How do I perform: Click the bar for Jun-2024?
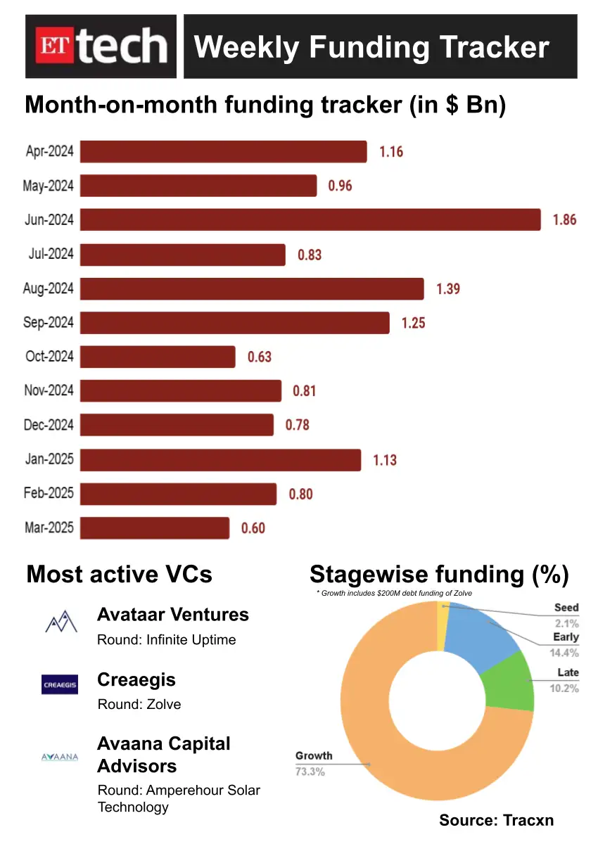pyautogui.click(x=310, y=219)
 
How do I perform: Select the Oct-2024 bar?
pyautogui.click(x=158, y=357)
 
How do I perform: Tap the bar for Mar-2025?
pyautogui.click(x=155, y=528)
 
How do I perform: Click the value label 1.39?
pyautogui.click(x=448, y=288)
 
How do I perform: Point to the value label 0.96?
pyautogui.click(x=340, y=186)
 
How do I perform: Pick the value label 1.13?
pyautogui.click(x=385, y=460)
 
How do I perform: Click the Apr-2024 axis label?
pyautogui.click(x=49, y=151)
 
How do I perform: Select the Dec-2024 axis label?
pyautogui.click(x=49, y=426)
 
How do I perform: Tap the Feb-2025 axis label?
pyautogui.click(x=49, y=494)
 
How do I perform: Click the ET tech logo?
pyautogui.click(x=101, y=46)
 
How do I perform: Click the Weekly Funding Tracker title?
pyautogui.click(x=371, y=47)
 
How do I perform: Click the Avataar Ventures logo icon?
pyautogui.click(x=60, y=622)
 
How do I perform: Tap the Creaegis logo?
pyautogui.click(x=60, y=684)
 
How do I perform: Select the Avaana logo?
pyautogui.click(x=60, y=757)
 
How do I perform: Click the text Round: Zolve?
pyautogui.click(x=139, y=704)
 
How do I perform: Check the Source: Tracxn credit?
pyautogui.click(x=496, y=820)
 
